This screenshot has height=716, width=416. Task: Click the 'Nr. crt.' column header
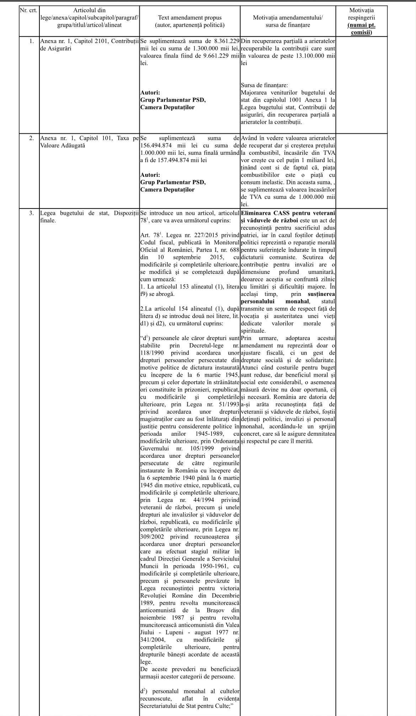[x=28, y=10]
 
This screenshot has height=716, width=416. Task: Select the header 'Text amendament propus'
[x=190, y=17]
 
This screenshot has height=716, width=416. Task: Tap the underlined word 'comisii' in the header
[x=361, y=32]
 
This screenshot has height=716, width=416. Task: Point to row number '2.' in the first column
[x=31, y=138]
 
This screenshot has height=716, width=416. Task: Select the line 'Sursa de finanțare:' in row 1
[x=264, y=85]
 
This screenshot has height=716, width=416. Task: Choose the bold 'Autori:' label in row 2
[x=150, y=175]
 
